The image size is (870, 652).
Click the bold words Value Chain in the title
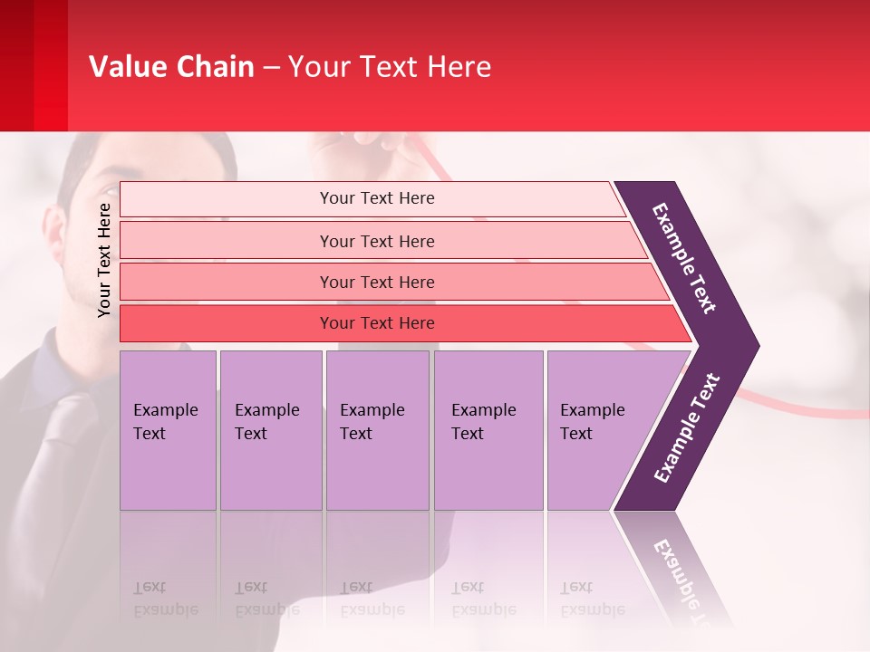(x=171, y=67)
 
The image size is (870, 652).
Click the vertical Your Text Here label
(x=104, y=260)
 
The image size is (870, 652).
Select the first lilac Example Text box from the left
(x=168, y=430)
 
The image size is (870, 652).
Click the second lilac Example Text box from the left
(x=271, y=430)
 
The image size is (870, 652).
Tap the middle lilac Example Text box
(x=377, y=430)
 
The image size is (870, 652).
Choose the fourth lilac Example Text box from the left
(x=488, y=430)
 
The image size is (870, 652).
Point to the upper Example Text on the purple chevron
(x=684, y=258)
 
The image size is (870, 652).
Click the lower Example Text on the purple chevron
(x=687, y=428)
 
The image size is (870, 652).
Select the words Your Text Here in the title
(x=390, y=67)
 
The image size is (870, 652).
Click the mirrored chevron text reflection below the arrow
(x=684, y=580)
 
